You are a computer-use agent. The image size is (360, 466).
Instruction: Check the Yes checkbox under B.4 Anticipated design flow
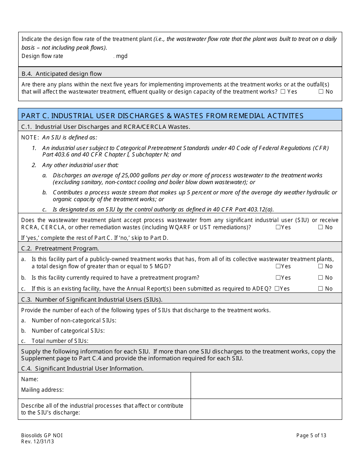[283, 92]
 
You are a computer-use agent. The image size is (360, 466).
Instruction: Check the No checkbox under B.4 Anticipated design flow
[321, 92]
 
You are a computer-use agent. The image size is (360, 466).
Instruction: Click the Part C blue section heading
[162, 116]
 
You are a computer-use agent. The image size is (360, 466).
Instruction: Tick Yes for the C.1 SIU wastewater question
[278, 227]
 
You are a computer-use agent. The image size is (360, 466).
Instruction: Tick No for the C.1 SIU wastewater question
[321, 227]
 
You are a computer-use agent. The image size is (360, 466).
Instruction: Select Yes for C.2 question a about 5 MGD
[278, 266]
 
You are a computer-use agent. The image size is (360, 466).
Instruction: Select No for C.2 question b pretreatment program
[321, 278]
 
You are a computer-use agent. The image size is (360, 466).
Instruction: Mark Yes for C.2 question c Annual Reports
[277, 289]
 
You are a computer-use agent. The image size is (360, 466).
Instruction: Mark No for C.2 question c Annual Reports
[321, 289]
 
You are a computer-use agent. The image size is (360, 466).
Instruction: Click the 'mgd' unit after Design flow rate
[122, 56]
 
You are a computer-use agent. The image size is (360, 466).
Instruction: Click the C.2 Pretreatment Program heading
[60, 249]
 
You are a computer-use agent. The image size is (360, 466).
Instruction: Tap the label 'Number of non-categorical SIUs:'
[74, 321]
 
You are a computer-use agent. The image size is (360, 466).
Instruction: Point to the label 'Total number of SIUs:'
[60, 341]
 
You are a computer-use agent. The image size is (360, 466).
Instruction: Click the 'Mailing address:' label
[42, 390]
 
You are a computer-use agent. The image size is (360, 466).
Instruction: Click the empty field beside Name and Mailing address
[266, 385]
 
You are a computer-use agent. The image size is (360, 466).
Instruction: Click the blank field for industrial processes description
[266, 409]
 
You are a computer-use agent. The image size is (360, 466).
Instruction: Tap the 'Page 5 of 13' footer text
[311, 435]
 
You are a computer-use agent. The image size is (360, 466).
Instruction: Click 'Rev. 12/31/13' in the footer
[38, 442]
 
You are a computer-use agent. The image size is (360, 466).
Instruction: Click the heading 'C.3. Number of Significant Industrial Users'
[92, 300]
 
